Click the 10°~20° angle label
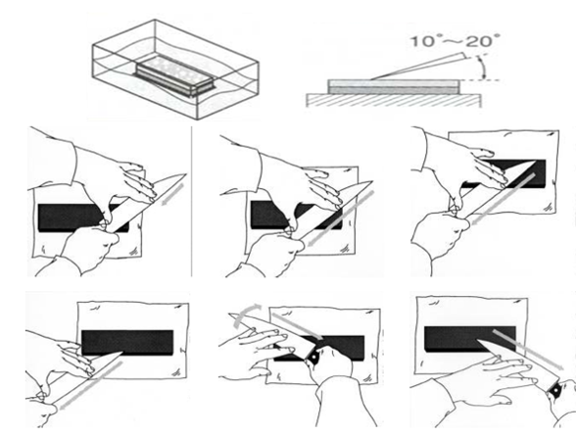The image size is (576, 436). (x=456, y=40)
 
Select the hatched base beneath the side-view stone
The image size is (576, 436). (x=394, y=100)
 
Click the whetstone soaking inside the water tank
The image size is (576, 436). (x=173, y=76)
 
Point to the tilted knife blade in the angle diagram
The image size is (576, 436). (x=417, y=67)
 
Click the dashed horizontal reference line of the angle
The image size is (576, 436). (x=480, y=80)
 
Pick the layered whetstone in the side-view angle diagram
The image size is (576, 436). (x=394, y=87)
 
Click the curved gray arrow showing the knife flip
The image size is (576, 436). (x=246, y=314)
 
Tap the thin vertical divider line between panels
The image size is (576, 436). (x=191, y=201)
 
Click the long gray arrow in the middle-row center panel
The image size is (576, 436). (x=339, y=218)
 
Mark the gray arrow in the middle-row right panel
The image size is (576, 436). (x=502, y=199)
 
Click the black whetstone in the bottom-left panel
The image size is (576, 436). (x=127, y=342)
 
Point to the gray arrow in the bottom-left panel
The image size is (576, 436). (x=90, y=384)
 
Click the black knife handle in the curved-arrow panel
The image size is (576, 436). (x=313, y=356)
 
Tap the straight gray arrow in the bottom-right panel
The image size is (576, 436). (x=528, y=350)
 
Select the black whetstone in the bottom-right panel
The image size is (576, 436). (x=470, y=339)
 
